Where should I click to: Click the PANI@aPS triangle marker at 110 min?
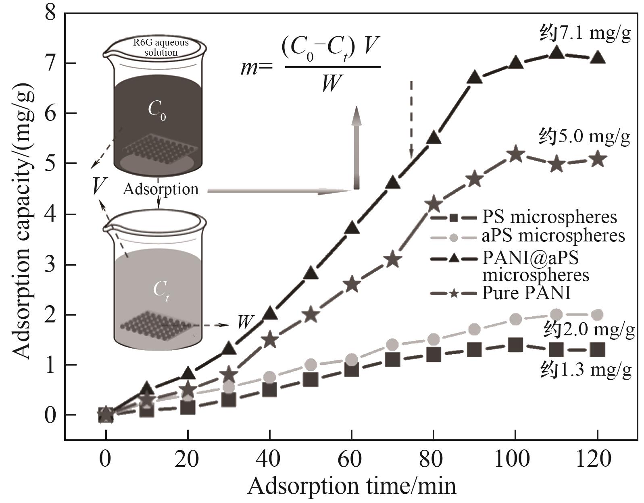[556, 53]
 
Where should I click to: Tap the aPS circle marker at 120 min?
[597, 315]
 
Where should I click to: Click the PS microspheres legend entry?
[524, 217]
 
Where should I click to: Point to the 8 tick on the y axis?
[50, 13]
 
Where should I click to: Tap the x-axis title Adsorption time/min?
[352, 486]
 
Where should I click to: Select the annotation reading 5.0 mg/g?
[585, 137]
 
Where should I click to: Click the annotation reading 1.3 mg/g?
[586, 370]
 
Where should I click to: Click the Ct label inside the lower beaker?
[160, 290]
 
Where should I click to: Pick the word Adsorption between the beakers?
[160, 189]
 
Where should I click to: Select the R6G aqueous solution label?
[161, 48]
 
